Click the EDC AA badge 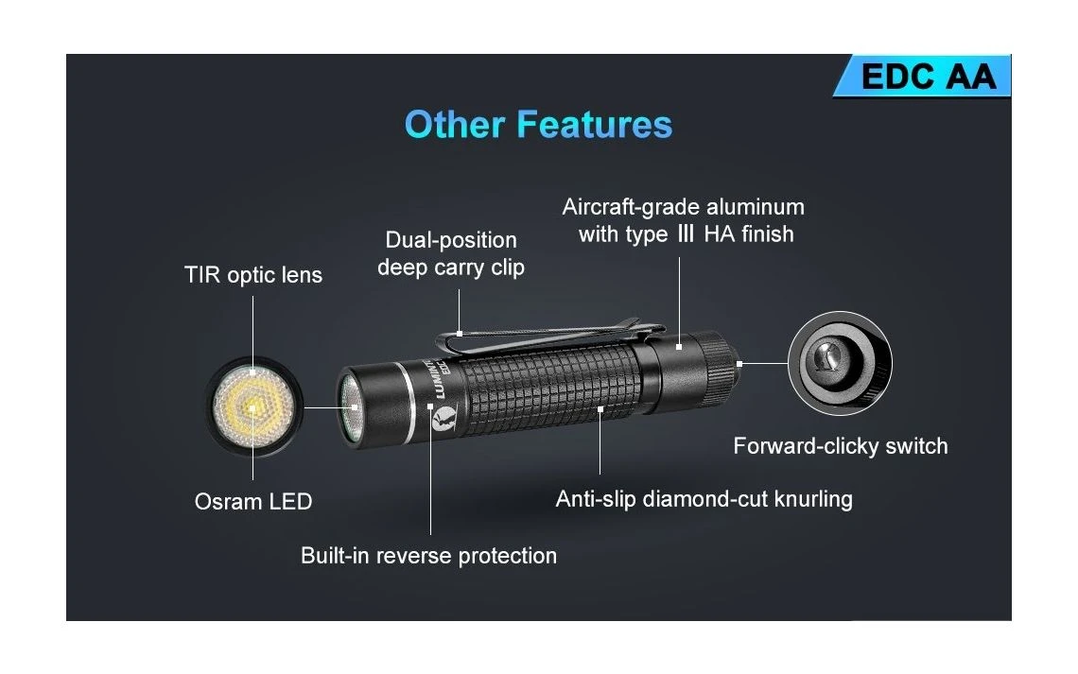(x=923, y=76)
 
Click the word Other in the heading (x=455, y=125)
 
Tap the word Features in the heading (x=595, y=125)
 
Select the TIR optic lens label (x=253, y=275)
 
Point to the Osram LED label (x=253, y=502)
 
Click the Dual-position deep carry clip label (x=451, y=253)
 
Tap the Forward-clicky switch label (x=840, y=446)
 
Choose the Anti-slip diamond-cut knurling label (x=704, y=499)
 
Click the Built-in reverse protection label (x=428, y=555)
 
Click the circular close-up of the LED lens (x=253, y=406)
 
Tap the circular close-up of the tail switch (x=840, y=363)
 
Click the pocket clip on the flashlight (x=550, y=336)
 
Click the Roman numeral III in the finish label (x=686, y=234)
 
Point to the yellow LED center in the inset (x=252, y=407)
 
